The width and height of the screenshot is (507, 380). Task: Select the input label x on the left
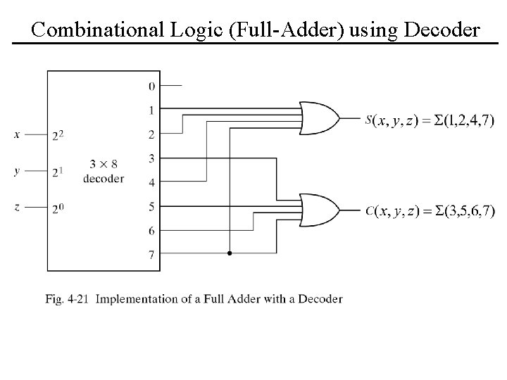click(17, 134)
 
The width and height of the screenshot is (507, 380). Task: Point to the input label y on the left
click(17, 171)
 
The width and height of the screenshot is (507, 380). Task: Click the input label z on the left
click(17, 207)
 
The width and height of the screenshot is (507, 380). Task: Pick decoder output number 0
click(151, 86)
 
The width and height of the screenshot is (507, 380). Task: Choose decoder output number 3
click(151, 158)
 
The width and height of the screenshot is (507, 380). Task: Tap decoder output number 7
click(151, 255)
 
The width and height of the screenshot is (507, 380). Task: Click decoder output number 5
click(151, 206)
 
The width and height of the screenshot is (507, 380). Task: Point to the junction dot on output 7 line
click(230, 253)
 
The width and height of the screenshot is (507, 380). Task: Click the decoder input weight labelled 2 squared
click(58, 134)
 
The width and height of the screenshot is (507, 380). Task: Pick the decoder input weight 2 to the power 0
click(58, 207)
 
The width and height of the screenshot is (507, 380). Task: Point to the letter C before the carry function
click(370, 210)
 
